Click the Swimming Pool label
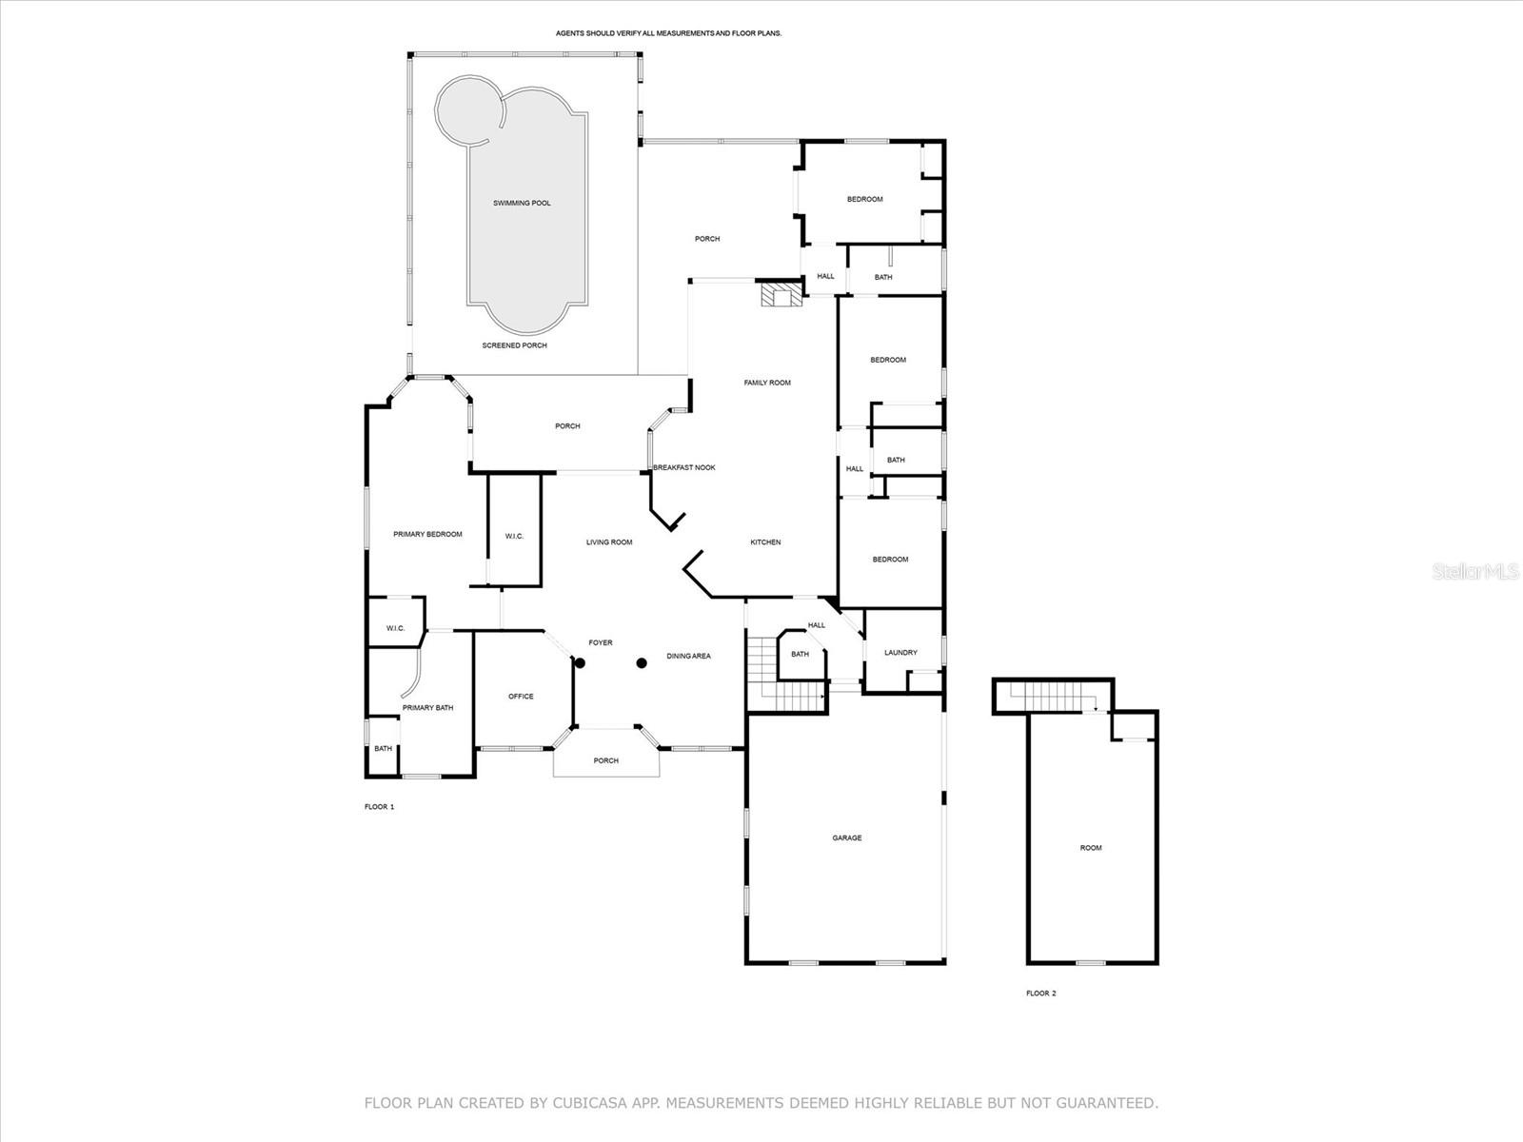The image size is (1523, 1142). (x=522, y=203)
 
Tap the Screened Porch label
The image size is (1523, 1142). (x=514, y=345)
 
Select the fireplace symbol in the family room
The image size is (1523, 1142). (x=781, y=292)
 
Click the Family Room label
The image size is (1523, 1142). (x=766, y=383)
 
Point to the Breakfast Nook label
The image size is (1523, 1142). (x=684, y=467)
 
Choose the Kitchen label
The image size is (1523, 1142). (x=765, y=542)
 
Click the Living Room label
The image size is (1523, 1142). (x=609, y=542)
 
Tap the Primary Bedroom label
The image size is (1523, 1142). (x=427, y=534)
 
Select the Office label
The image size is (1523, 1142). (x=521, y=697)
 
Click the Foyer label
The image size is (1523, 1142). (x=601, y=642)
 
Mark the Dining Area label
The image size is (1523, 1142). (x=688, y=656)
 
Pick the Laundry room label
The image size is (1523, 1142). (x=900, y=653)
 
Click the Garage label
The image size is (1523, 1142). (x=846, y=837)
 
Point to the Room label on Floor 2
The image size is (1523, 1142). (x=1091, y=847)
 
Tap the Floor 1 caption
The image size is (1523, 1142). (x=379, y=806)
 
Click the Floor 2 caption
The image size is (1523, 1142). (x=1040, y=993)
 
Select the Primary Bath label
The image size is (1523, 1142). (x=427, y=707)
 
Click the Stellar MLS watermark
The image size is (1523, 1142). (x=1475, y=572)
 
